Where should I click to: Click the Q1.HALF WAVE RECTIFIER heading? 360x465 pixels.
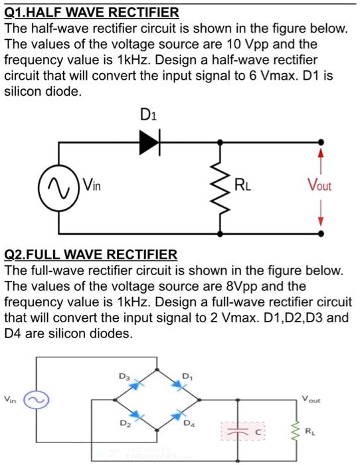(x=92, y=13)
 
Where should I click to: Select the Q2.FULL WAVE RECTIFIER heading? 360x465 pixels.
(x=91, y=254)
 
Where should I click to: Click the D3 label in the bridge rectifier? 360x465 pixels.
(x=122, y=377)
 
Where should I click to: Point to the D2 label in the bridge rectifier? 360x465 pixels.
(x=124, y=422)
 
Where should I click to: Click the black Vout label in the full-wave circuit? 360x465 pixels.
(x=310, y=400)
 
